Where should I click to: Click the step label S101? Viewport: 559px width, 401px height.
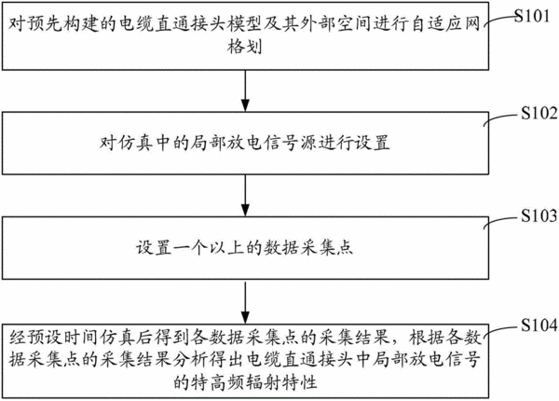[532, 16]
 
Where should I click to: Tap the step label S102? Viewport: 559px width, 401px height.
[539, 113]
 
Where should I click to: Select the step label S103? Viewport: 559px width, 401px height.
[539, 215]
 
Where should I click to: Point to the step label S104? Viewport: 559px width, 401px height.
[539, 325]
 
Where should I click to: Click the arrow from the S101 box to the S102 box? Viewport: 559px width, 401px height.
[245, 90]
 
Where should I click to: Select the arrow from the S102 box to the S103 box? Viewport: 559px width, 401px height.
[245, 195]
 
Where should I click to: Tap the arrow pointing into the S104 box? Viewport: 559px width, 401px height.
[245, 302]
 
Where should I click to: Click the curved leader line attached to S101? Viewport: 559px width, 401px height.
[499, 19]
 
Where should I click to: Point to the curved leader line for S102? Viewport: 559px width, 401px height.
[501, 118]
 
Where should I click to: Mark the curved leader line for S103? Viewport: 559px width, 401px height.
[501, 220]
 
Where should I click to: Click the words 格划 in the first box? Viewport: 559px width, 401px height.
[245, 47]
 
